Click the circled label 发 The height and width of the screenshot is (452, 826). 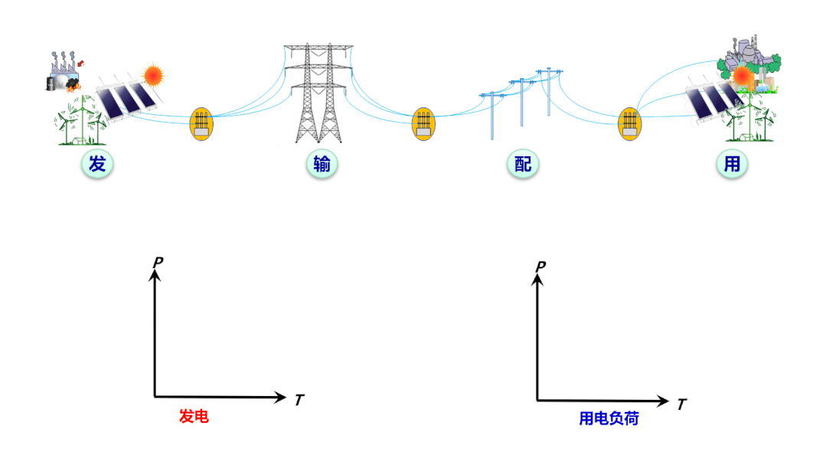coord(97,164)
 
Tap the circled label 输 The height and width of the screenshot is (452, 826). coord(322,164)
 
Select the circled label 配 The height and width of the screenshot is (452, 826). coord(522,164)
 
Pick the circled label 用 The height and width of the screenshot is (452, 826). coord(732,164)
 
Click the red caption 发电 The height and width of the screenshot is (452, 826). coord(194,416)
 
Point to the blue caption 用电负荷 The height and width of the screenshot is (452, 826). coord(609,418)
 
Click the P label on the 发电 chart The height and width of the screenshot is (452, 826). coord(158,262)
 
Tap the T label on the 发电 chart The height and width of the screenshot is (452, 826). coord(299,399)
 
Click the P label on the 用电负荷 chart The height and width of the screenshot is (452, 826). coord(540,266)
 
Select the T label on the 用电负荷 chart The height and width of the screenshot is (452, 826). coord(681,403)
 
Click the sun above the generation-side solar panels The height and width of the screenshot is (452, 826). coord(153,74)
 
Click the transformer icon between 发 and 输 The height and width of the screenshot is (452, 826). coord(201,123)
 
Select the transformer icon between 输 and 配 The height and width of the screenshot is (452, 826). coord(423,123)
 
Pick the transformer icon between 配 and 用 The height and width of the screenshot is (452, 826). coord(629,123)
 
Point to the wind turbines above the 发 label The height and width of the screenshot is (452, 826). coord(78,123)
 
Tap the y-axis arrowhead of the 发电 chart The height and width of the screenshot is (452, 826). coord(155,273)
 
